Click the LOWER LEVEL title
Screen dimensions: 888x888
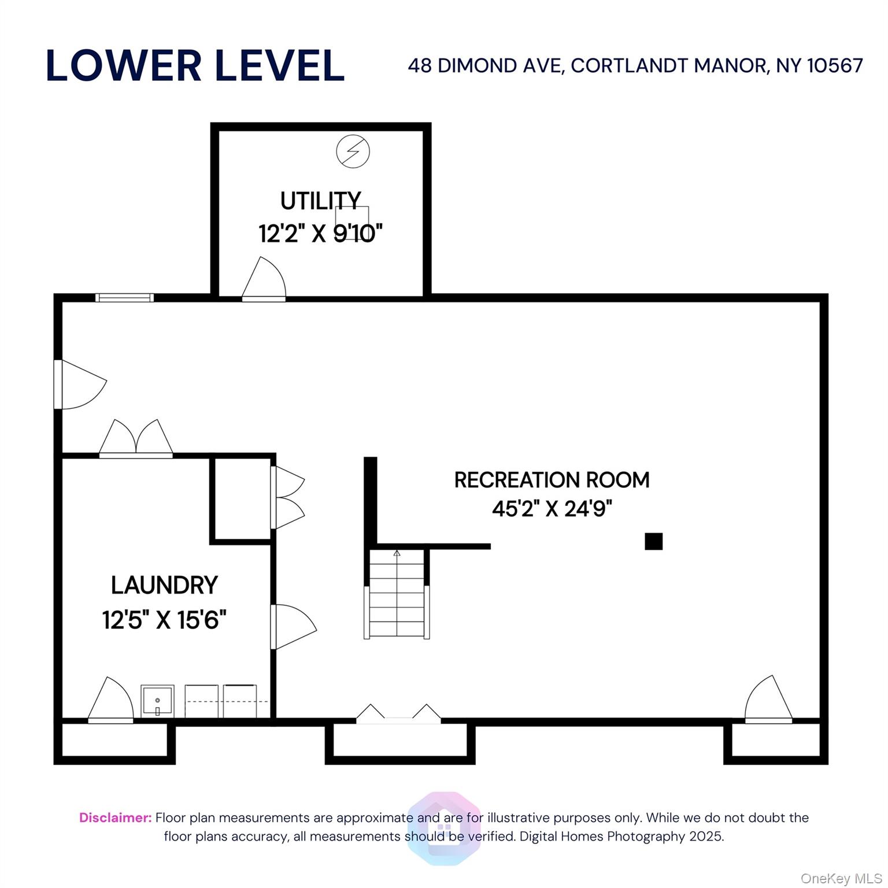click(195, 65)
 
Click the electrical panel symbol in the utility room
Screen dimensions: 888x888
click(353, 151)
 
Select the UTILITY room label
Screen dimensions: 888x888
click(320, 201)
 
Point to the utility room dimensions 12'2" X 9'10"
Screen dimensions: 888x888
click(320, 234)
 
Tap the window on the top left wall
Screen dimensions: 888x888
click(124, 298)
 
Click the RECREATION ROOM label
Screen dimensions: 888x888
click(552, 480)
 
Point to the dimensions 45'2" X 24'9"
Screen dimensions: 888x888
click(552, 509)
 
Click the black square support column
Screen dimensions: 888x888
click(653, 541)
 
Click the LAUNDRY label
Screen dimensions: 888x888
click(164, 585)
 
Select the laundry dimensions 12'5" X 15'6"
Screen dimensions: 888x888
click(164, 620)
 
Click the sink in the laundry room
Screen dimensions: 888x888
click(157, 701)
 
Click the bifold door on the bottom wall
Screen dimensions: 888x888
click(398, 715)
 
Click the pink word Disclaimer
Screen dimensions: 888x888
click(115, 817)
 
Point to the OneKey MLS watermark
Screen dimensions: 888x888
click(841, 879)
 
